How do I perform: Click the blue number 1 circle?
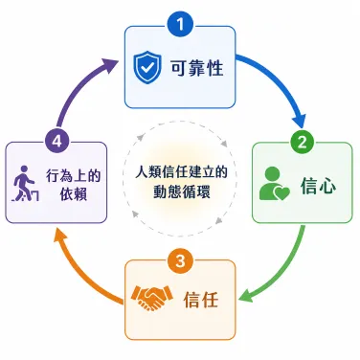180,25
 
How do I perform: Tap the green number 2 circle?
302,142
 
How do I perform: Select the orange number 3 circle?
180,260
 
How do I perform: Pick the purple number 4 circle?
57,141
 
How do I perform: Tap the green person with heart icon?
274,184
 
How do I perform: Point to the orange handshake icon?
152,298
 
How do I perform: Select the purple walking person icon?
25,184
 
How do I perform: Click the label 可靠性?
197,68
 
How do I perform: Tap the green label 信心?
318,185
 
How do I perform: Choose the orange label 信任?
201,299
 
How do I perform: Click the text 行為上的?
74,175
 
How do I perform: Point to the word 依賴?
74,194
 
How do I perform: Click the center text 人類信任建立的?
181,171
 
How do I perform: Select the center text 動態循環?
181,191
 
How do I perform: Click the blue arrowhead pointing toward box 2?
300,121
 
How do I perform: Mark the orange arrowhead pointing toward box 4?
60,236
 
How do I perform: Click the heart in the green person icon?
282,193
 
